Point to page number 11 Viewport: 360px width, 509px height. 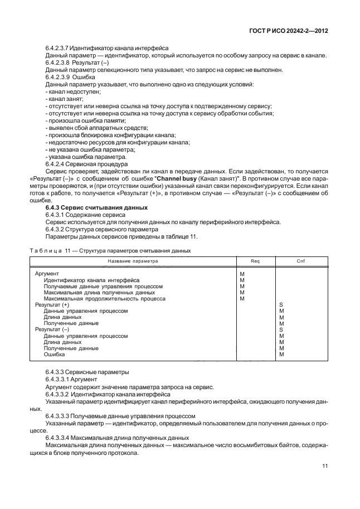[x=324, y=467]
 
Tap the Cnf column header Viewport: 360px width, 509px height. [x=301, y=261]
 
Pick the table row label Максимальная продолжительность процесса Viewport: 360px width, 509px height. [x=104, y=299]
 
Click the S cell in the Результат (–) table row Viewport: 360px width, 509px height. [x=281, y=329]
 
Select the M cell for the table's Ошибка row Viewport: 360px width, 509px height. [x=281, y=355]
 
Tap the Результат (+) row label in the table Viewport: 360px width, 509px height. [x=52, y=305]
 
